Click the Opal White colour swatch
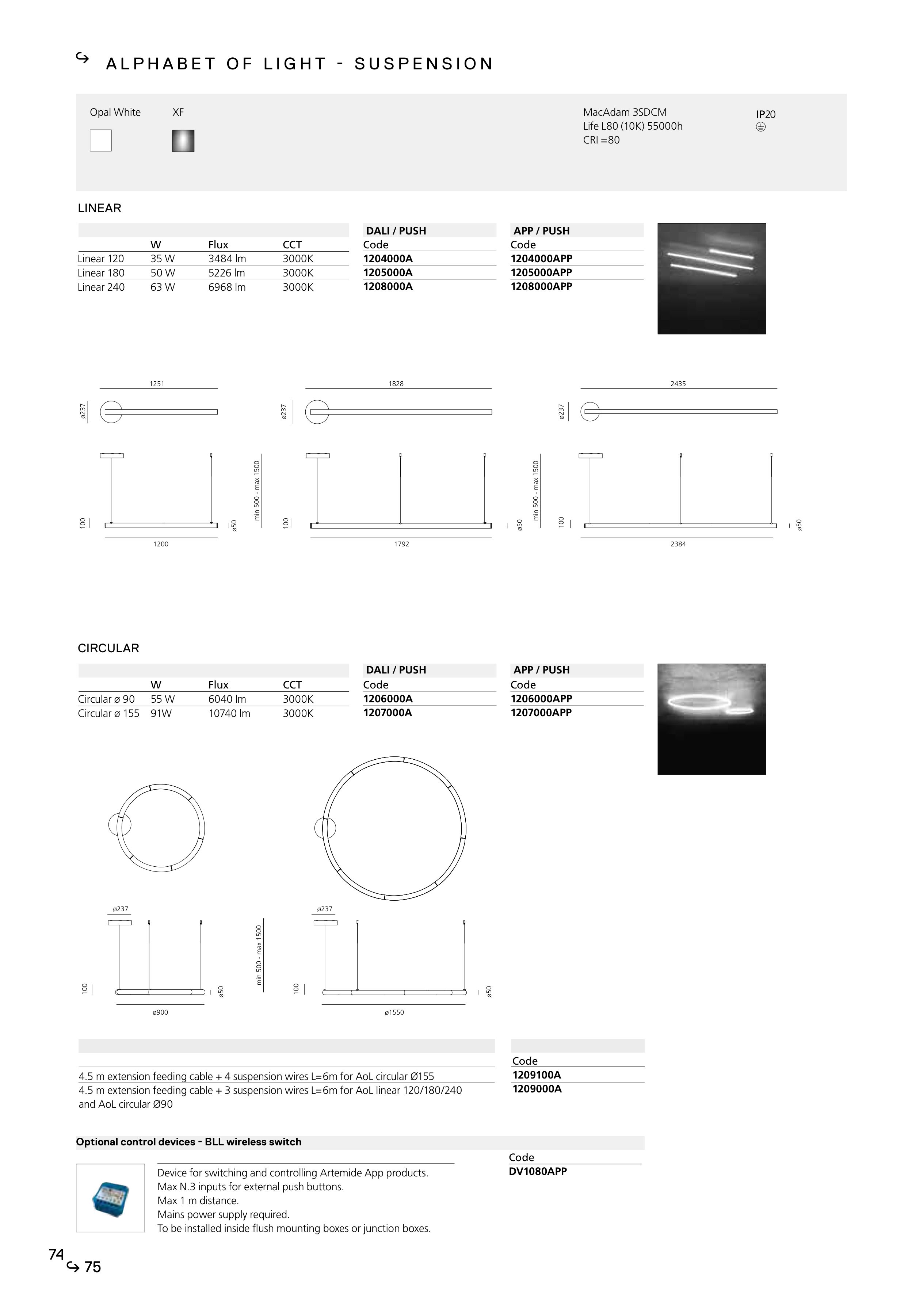tap(100, 141)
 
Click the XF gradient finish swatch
tap(183, 141)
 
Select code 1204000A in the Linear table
tap(388, 259)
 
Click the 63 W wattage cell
tap(163, 287)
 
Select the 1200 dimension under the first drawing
tap(161, 544)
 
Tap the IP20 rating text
tap(765, 114)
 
